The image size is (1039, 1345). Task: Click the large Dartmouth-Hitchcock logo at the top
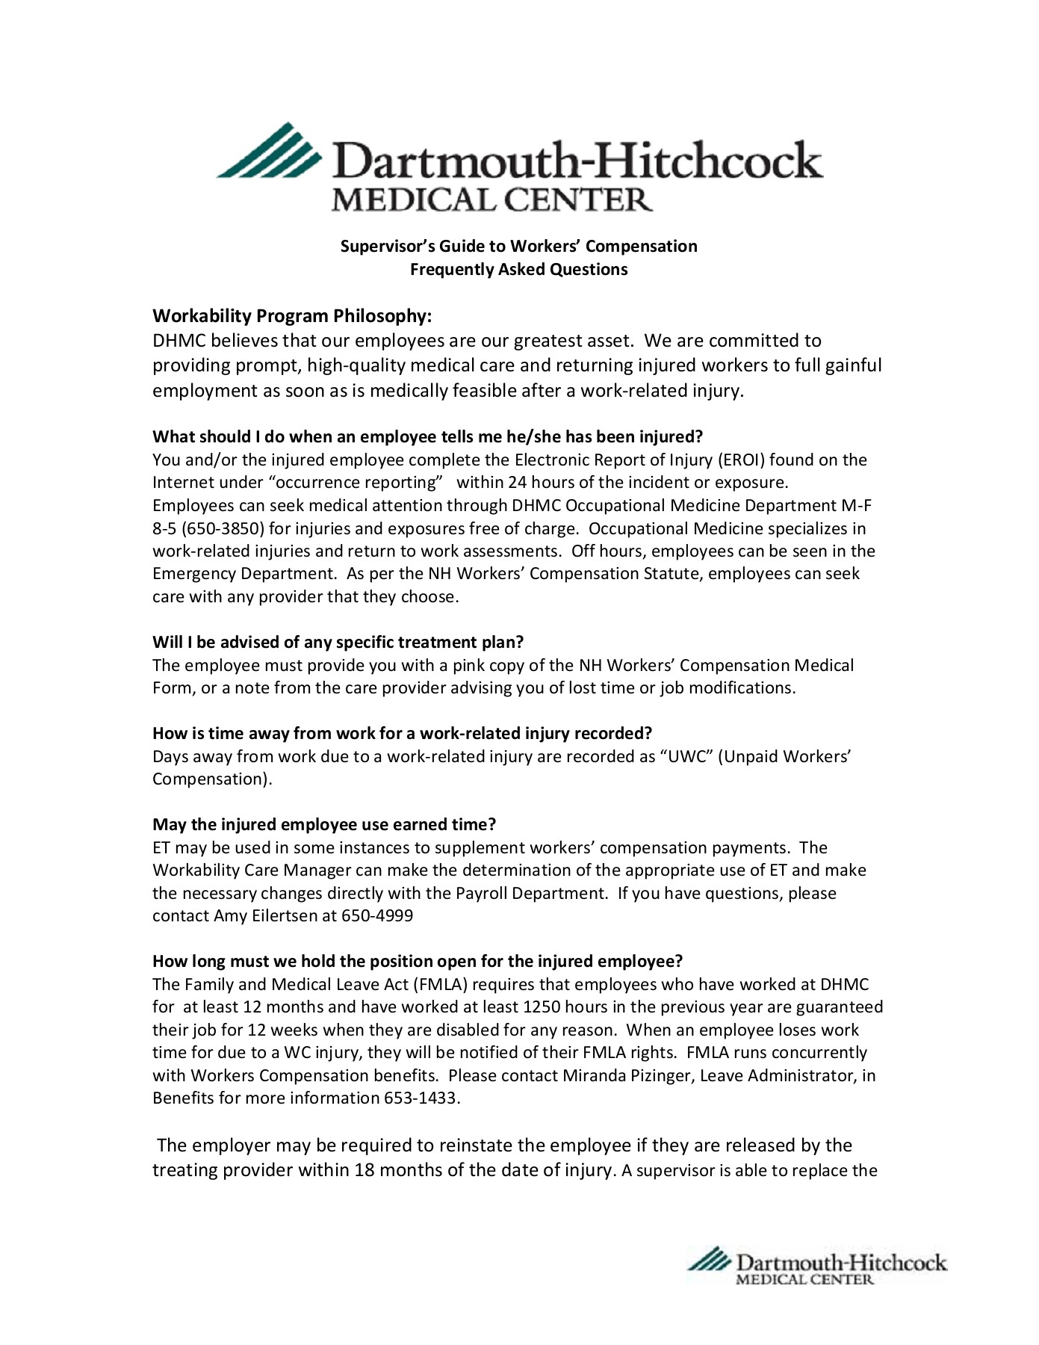[x=519, y=167]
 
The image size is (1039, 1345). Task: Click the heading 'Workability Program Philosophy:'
[x=292, y=316]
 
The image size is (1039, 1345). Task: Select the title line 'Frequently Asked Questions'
[x=518, y=270]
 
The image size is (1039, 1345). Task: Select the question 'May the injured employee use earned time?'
[x=324, y=825]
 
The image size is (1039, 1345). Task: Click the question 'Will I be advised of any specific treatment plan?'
[x=338, y=643]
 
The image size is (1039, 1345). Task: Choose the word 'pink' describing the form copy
[x=468, y=666]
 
